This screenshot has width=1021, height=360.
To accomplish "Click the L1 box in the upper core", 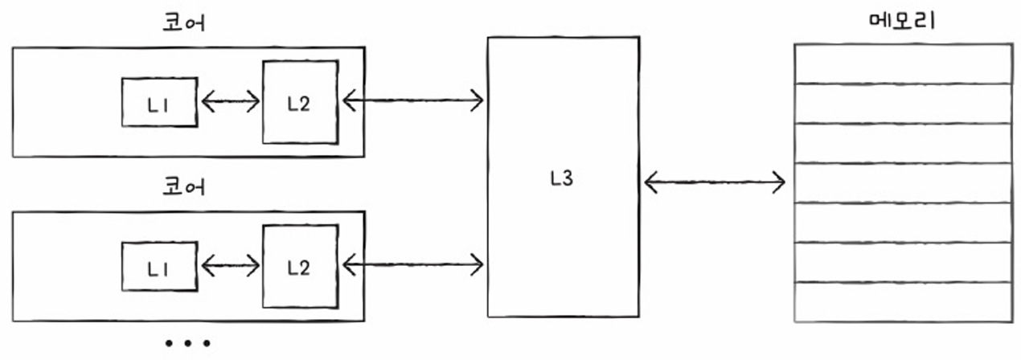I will (159, 102).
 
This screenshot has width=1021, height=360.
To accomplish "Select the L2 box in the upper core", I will (299, 102).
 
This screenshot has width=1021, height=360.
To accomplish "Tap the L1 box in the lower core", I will (159, 266).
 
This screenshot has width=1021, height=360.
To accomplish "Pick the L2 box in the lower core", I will (299, 266).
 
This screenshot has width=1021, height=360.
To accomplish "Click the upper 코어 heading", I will (183, 22).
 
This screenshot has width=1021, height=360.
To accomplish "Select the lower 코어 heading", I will (183, 187).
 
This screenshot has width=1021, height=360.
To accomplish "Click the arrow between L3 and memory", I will (715, 182).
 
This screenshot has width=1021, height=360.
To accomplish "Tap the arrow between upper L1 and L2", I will (230, 101).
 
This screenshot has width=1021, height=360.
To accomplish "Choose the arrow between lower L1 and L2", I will (230, 264).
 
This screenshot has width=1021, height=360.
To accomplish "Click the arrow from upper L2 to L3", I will (412, 100).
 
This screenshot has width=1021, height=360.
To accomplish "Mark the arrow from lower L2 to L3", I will (412, 263).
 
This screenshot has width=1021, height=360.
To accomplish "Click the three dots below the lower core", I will (187, 343).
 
